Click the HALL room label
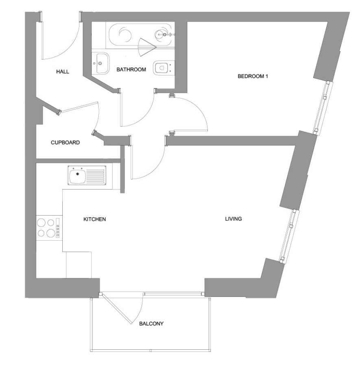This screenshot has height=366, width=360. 63,72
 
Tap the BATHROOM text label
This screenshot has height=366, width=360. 131,69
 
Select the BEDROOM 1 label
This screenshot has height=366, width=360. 253,76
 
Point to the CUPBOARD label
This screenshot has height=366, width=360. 65,142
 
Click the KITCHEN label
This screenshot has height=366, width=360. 94,219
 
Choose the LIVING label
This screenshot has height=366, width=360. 233,219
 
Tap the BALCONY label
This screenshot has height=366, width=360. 151,324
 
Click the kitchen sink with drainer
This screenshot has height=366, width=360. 87,176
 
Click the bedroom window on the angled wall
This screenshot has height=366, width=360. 323,108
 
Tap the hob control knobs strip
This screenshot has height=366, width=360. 58,228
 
